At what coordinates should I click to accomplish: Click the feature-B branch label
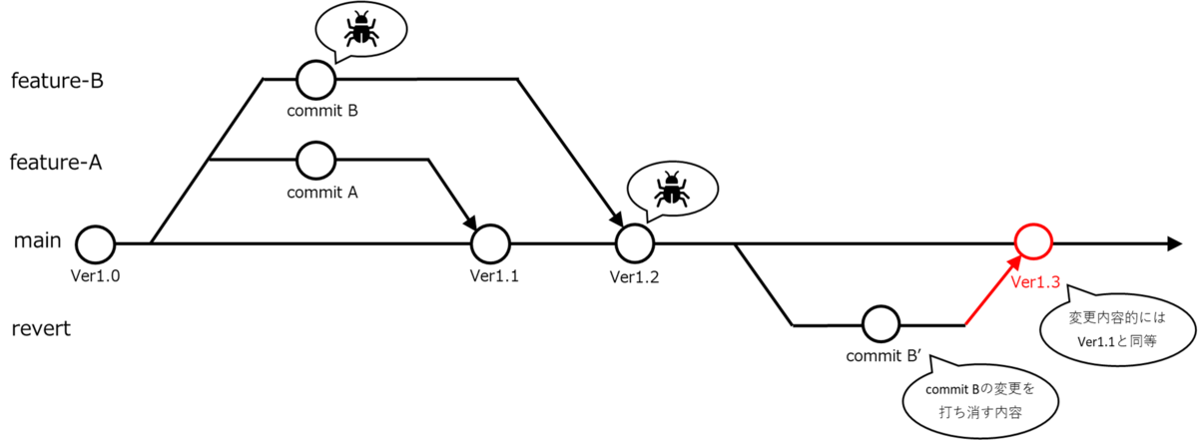point(57,81)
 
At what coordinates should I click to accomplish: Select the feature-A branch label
point(56,162)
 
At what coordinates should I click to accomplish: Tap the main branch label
point(38,240)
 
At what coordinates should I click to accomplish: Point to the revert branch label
point(41,328)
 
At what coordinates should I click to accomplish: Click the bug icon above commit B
point(361,28)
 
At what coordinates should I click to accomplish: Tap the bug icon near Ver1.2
point(672,189)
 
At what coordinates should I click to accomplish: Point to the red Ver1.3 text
point(1035,282)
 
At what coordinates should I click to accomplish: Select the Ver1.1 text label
point(494,275)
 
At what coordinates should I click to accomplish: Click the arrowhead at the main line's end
point(1174,243)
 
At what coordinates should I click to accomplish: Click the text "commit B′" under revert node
point(883,356)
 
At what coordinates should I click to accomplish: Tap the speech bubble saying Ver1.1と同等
point(1118,328)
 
